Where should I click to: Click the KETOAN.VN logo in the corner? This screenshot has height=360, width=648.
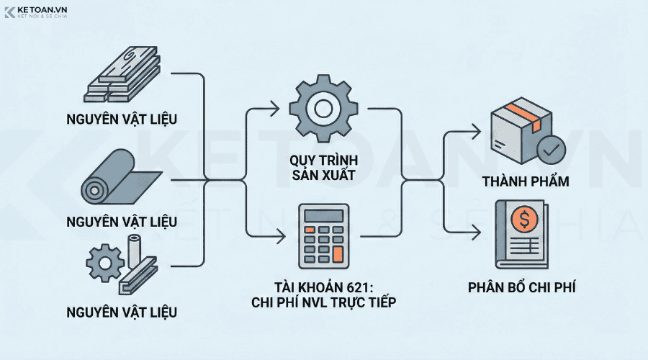(x=36, y=12)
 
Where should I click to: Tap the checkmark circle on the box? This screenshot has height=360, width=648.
(x=552, y=150)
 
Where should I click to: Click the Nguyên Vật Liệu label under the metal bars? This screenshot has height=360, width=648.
(x=122, y=117)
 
